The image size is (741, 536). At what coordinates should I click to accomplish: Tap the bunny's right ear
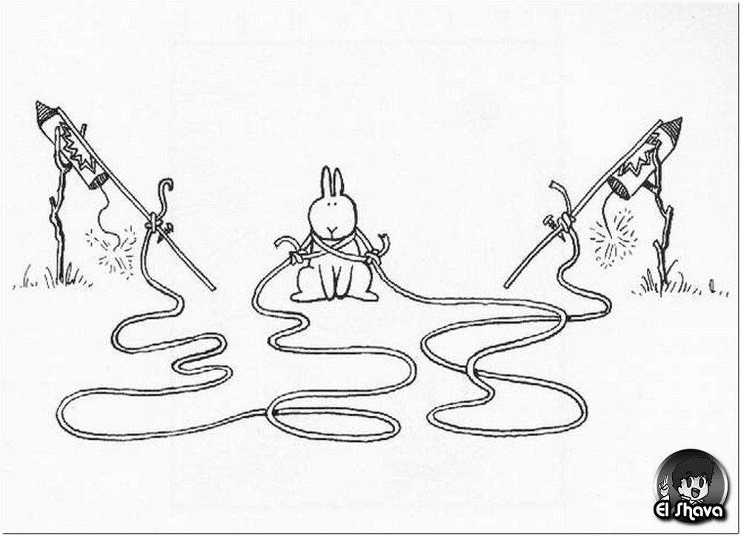click(338, 183)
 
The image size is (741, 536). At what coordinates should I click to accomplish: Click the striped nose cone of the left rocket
click(45, 112)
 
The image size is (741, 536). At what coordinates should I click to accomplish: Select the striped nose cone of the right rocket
click(671, 127)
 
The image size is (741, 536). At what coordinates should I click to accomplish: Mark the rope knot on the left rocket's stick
click(153, 221)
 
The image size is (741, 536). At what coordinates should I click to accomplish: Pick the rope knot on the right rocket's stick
click(564, 221)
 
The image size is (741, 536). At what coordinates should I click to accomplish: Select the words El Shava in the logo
click(689, 511)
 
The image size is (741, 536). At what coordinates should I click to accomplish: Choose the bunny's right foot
click(364, 296)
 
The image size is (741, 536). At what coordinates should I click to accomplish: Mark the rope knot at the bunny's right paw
click(297, 258)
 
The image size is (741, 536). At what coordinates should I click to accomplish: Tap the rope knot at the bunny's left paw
click(373, 258)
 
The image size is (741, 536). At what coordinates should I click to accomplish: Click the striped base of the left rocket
click(99, 180)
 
